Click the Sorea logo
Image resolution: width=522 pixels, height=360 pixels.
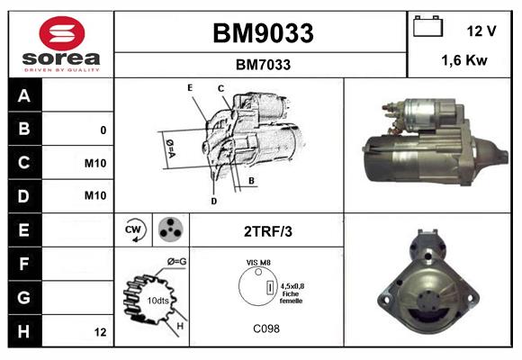coord(61,45)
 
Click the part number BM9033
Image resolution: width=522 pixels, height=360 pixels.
coord(263,33)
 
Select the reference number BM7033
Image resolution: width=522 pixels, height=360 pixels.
coord(263,65)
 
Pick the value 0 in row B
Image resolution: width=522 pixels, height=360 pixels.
coord(103,130)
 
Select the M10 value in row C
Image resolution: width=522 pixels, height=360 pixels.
coord(95,164)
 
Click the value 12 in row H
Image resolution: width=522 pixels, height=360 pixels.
coord(101,332)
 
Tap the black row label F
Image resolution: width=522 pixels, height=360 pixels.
coord(23,265)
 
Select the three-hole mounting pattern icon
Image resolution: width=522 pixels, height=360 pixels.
coord(168,230)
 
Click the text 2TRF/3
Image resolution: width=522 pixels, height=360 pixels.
coord(268,231)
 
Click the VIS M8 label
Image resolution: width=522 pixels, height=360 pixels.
coord(258,263)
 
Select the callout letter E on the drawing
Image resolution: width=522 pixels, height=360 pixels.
coord(190,87)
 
